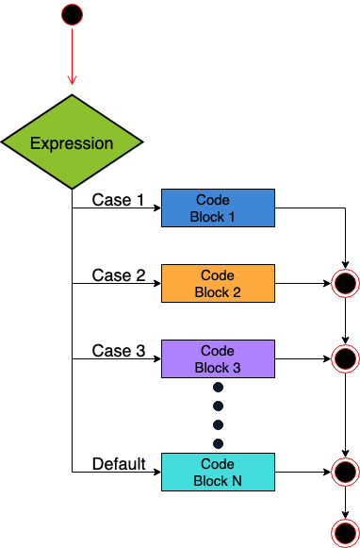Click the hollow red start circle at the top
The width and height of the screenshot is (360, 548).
[x=72, y=14]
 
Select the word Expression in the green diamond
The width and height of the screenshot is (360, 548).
[x=72, y=143]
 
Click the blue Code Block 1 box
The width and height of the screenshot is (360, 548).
[x=218, y=208]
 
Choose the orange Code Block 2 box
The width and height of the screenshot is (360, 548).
[x=218, y=283]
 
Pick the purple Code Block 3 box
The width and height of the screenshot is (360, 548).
[x=218, y=358]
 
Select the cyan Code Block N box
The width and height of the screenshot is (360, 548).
[x=218, y=472]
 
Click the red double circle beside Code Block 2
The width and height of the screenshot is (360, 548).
[x=345, y=283]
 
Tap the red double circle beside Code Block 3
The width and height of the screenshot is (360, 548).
[x=345, y=358]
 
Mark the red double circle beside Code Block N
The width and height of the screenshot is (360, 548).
[x=345, y=472]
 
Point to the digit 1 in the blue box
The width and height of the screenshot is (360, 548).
[x=231, y=217]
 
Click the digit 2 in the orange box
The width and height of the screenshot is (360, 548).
[x=237, y=292]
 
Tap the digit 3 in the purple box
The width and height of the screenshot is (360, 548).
[x=237, y=368]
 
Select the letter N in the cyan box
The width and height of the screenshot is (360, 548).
[x=237, y=481]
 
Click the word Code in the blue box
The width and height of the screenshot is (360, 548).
[x=213, y=200]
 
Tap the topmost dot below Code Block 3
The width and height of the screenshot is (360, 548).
[x=218, y=387]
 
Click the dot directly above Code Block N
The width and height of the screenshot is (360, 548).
[x=218, y=443]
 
